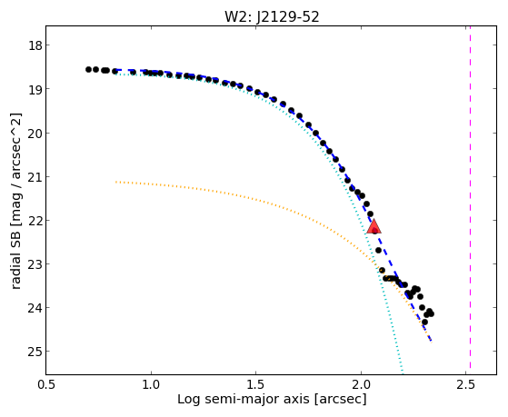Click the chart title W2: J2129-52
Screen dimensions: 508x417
[272, 17]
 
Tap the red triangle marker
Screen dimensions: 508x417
[374, 227]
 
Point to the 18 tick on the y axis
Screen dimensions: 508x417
[35, 45]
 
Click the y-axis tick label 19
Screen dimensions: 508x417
[35, 89]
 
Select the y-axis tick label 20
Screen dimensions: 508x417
[35, 133]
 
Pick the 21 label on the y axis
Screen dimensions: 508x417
[35, 176]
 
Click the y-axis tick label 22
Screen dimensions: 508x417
[35, 221]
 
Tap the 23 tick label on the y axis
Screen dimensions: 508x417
[35, 264]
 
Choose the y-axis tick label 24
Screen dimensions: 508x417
[35, 308]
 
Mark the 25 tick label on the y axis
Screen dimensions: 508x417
[35, 352]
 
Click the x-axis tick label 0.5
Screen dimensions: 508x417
[46, 384]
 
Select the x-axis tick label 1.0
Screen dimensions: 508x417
[151, 384]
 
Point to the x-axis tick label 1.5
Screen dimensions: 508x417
[256, 384]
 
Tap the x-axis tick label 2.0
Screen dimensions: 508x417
[361, 384]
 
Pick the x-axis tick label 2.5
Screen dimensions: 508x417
[466, 384]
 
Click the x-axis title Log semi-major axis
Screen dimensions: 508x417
[244, 399]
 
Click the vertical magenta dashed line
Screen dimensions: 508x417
[470, 200]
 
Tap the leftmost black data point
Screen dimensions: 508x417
[88, 69]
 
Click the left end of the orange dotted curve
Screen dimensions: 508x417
[116, 182]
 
